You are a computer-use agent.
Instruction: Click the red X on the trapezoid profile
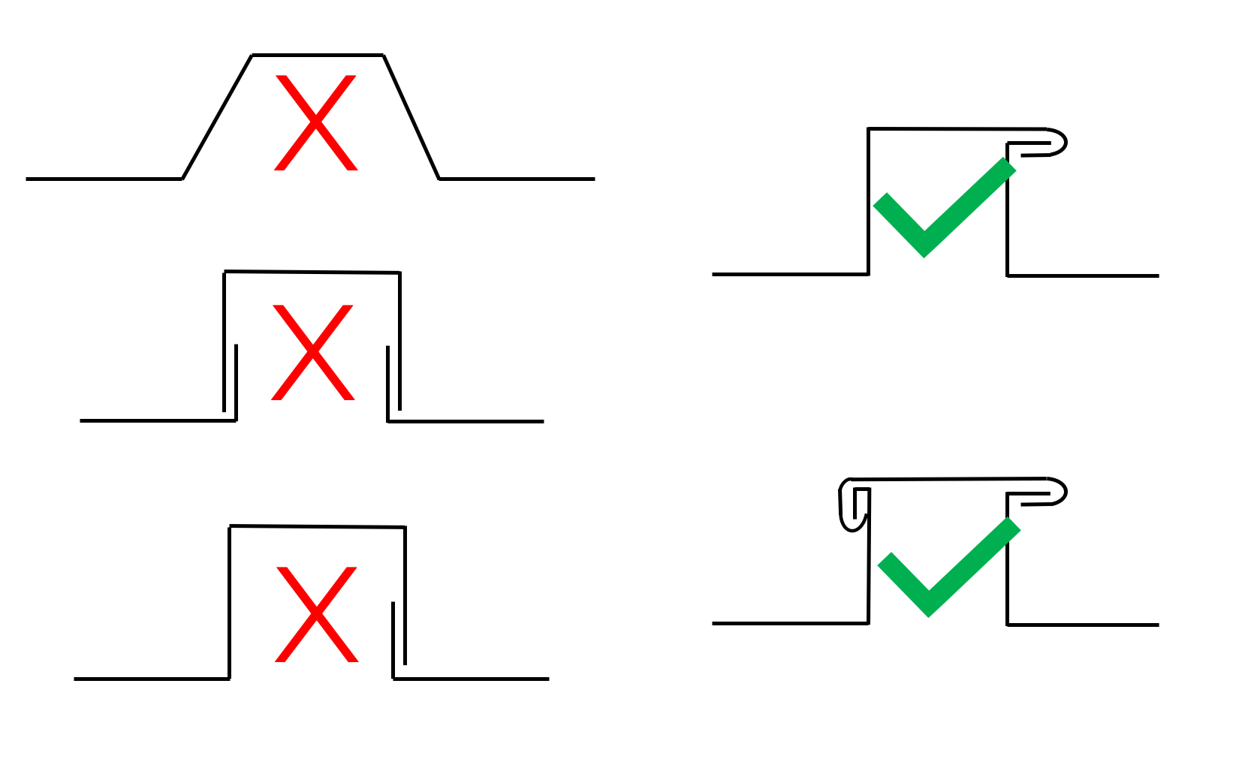tap(316, 122)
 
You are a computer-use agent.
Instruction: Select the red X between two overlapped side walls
tap(312, 352)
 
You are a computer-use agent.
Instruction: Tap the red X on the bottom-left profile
tap(317, 614)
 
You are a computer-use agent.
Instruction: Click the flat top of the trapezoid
tap(317, 55)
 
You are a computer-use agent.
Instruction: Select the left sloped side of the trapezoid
tap(217, 117)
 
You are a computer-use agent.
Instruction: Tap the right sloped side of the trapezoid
tap(411, 117)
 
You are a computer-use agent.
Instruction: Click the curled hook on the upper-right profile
tap(1054, 142)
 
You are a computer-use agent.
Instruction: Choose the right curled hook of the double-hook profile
tap(1054, 492)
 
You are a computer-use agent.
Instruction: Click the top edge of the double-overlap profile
tap(312, 272)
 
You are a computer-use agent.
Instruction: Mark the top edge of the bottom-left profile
tap(317, 527)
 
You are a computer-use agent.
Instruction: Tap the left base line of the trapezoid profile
tap(104, 179)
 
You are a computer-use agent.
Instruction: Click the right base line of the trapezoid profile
tap(517, 179)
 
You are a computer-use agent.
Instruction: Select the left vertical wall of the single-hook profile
tap(869, 201)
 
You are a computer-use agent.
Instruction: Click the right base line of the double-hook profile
tap(1083, 624)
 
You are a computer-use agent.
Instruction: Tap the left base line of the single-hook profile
tap(790, 274)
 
